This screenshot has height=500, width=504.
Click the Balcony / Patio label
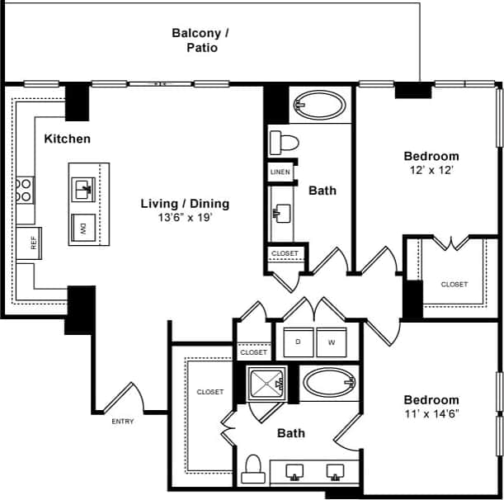pyautogui.click(x=200, y=40)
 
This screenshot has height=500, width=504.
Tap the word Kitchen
pyautogui.click(x=68, y=139)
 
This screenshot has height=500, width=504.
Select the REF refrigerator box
pyautogui.click(x=34, y=243)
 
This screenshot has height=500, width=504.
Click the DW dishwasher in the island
pyautogui.click(x=84, y=227)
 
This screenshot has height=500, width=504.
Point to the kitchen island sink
pyautogui.click(x=83, y=190)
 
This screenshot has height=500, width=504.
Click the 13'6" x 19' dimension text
pyautogui.click(x=185, y=219)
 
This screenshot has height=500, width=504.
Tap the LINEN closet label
pyautogui.click(x=280, y=172)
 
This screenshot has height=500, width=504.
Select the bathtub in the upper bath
pyautogui.click(x=321, y=106)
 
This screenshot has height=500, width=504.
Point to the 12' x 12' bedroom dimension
pyautogui.click(x=431, y=170)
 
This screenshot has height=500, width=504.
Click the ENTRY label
pyautogui.click(x=122, y=422)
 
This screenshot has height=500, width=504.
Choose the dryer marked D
pyautogui.click(x=298, y=342)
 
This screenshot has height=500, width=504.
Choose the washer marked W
pyautogui.click(x=332, y=342)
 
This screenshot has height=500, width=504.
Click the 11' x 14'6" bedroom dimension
pyautogui.click(x=431, y=413)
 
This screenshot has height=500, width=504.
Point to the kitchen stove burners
pyautogui.click(x=26, y=191)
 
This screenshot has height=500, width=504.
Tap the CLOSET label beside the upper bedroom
pyautogui.click(x=454, y=285)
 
